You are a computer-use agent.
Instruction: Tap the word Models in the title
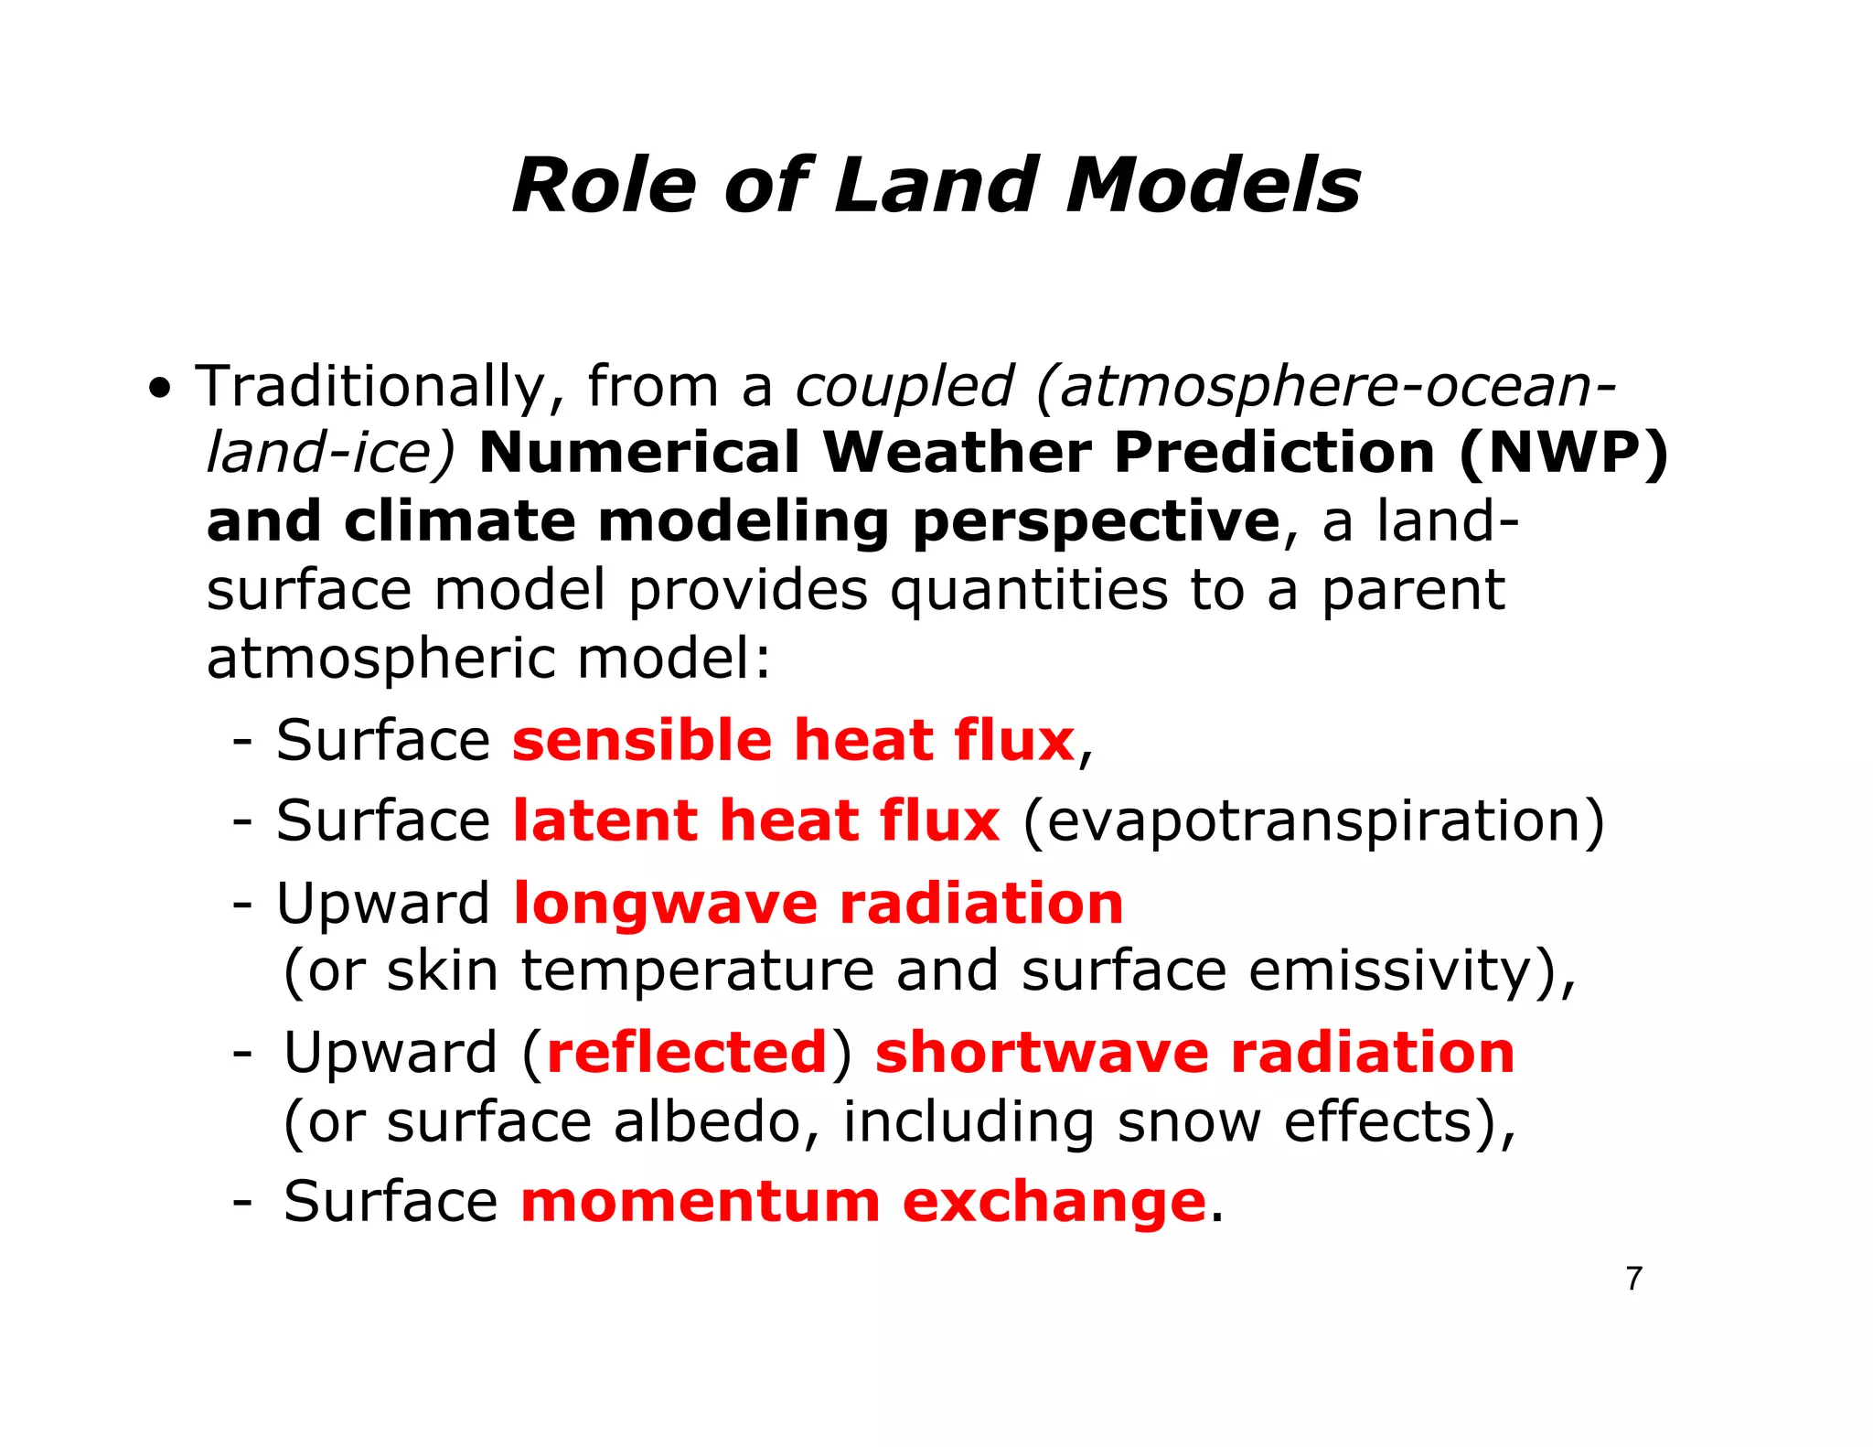(1213, 186)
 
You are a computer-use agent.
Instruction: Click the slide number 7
(1633, 1278)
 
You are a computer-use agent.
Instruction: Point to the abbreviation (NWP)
(1563, 454)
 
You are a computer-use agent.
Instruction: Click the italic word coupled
(904, 387)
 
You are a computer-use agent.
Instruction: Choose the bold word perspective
(1096, 522)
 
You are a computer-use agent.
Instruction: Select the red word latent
(605, 820)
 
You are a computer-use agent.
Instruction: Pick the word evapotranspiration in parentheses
(1312, 821)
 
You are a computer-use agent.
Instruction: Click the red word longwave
(665, 904)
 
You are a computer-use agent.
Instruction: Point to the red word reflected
(687, 1052)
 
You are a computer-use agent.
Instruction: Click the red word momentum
(700, 1201)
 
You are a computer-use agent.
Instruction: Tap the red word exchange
(1054, 1201)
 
